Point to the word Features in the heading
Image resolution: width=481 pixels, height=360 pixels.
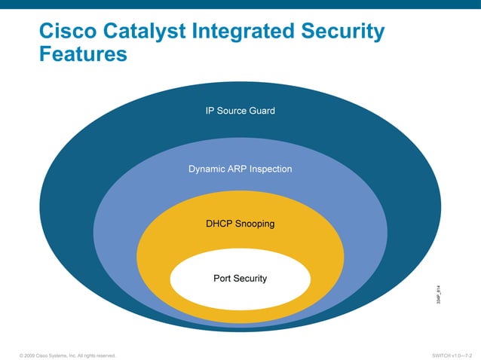pos(84,56)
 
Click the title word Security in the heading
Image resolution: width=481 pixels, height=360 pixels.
pos(344,32)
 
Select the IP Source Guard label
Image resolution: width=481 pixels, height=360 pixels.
pos(240,111)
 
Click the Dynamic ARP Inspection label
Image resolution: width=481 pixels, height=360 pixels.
pos(240,169)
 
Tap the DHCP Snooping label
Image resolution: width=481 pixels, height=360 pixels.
pos(240,224)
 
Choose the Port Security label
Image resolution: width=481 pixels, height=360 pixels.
pos(240,279)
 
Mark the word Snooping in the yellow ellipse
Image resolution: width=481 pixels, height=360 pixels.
pos(254,224)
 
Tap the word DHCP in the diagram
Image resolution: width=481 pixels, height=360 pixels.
pos(219,224)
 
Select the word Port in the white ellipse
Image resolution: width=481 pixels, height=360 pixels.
pos(222,279)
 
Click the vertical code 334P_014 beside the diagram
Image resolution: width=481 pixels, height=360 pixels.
pos(438,292)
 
